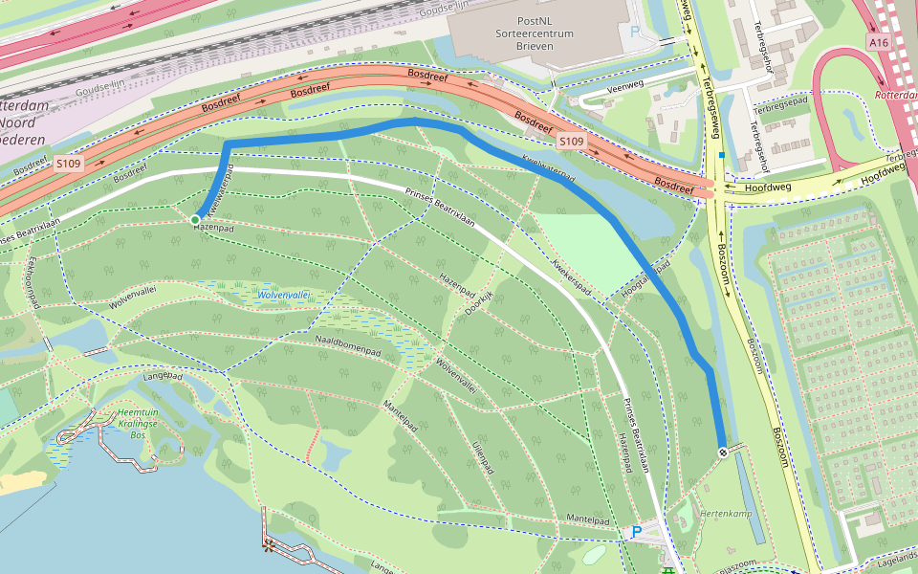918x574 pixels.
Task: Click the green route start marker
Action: (x=195, y=220)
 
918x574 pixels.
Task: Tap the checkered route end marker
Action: (x=723, y=452)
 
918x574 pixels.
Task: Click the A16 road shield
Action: (x=879, y=43)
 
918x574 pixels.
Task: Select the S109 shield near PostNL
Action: (x=571, y=142)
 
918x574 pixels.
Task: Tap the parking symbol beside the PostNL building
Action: (x=636, y=32)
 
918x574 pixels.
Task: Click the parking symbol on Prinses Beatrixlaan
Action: (x=636, y=531)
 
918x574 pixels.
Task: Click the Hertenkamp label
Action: (x=727, y=514)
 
